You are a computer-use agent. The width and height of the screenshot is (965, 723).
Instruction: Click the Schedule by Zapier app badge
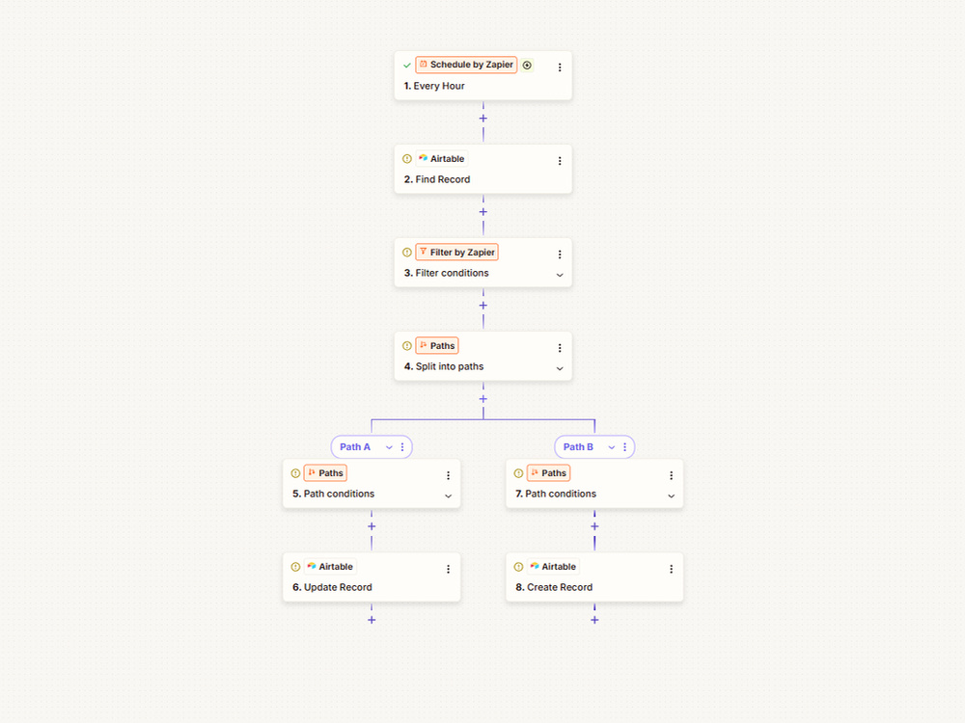(x=466, y=65)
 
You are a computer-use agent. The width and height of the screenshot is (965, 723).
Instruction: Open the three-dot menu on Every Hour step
(x=560, y=67)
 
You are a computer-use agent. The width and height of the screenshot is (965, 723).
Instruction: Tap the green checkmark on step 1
(x=407, y=66)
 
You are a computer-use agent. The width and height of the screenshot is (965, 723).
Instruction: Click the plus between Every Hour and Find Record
(x=483, y=118)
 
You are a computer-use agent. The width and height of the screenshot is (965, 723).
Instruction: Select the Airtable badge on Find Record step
(x=441, y=159)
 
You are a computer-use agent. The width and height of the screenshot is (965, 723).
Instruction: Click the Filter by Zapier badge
(x=456, y=252)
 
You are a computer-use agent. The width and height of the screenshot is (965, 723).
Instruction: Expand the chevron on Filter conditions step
(x=560, y=275)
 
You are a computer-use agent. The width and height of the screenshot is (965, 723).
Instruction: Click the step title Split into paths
(x=444, y=366)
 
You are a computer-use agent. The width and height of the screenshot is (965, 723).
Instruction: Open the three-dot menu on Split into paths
(x=560, y=348)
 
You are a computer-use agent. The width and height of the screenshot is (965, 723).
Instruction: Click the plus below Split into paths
(x=483, y=399)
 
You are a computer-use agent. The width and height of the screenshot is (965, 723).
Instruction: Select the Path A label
(x=355, y=447)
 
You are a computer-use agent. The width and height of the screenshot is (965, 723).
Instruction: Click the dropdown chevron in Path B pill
(x=611, y=447)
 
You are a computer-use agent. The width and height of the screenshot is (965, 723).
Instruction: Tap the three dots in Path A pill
(x=402, y=447)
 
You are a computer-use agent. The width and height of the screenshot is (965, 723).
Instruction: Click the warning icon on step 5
(x=295, y=473)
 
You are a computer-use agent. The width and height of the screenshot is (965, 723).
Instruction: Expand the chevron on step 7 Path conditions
(x=671, y=496)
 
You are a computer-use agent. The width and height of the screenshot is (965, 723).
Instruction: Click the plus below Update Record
(x=372, y=620)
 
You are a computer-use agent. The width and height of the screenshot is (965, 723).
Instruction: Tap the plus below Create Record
(x=594, y=620)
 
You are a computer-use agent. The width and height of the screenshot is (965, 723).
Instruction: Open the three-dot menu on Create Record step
(x=671, y=570)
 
